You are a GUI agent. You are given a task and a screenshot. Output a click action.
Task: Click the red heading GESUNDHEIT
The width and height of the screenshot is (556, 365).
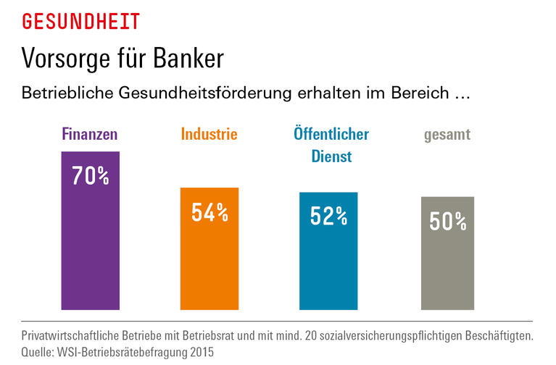pos(80,22)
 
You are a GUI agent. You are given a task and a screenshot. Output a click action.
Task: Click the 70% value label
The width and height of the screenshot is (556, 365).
pos(90,176)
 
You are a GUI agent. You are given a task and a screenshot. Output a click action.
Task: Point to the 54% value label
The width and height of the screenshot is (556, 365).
pos(209,212)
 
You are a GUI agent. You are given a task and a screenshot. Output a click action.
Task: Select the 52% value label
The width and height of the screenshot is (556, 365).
pos(328,216)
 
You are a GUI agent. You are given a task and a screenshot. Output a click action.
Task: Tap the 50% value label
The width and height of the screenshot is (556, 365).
pos(447,221)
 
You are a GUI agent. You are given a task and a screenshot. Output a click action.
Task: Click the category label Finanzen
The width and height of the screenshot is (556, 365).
pos(90,135)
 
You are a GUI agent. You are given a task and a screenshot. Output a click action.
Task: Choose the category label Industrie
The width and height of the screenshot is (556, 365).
pos(209,135)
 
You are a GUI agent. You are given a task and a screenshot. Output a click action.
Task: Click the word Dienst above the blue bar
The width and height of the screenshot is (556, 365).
pos(331,156)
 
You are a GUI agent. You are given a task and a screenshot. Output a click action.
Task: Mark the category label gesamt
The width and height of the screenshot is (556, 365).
pos(447,135)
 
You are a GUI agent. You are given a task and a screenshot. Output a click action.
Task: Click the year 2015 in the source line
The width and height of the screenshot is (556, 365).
pos(202,351)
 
